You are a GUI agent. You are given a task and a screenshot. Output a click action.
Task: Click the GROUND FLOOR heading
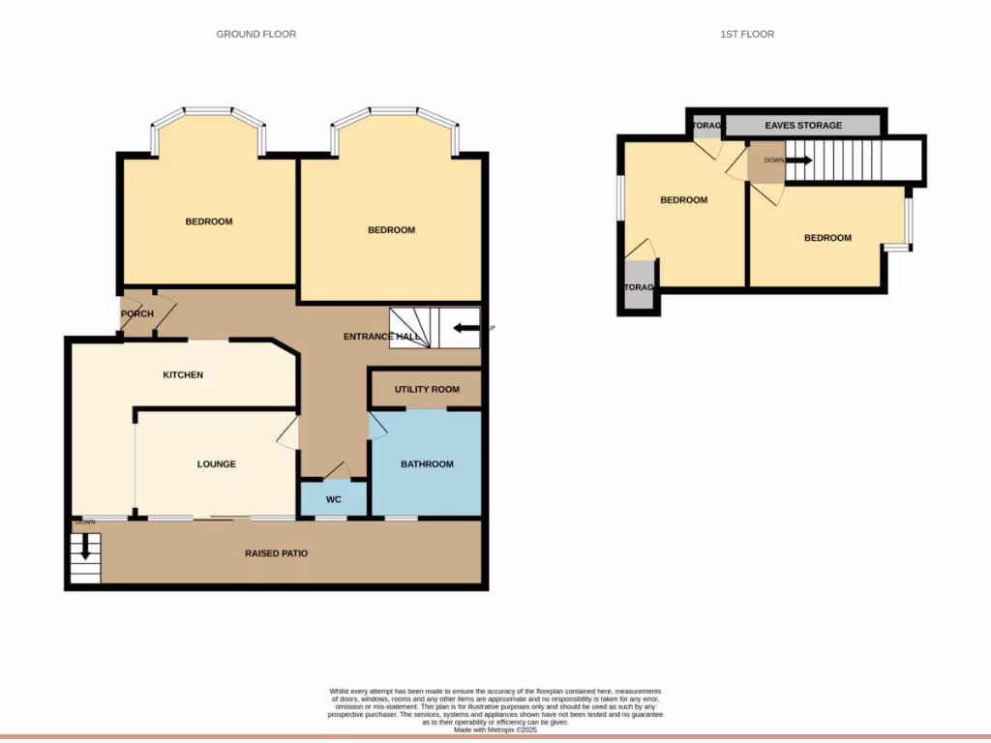[x=255, y=34]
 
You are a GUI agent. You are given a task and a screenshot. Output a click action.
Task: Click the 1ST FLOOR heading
[x=747, y=34]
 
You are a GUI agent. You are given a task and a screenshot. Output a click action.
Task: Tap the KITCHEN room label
[x=183, y=374]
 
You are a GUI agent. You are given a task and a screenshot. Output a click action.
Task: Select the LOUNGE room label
[x=217, y=464]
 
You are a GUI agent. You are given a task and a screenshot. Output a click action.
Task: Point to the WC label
[x=333, y=500]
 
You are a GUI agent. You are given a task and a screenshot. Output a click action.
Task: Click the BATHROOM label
[x=427, y=464]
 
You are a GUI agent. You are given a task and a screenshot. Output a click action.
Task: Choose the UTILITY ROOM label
[x=427, y=389]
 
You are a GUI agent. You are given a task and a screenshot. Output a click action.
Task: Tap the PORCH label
[x=137, y=314]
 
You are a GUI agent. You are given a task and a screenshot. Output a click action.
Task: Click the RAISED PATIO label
[x=276, y=553]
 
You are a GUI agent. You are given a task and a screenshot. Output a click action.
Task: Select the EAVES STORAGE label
[x=803, y=125]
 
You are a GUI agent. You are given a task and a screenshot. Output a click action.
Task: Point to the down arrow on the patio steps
[x=85, y=547]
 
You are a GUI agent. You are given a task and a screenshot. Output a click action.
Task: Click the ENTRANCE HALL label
[x=381, y=337]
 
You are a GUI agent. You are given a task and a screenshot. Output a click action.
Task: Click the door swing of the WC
[x=336, y=471]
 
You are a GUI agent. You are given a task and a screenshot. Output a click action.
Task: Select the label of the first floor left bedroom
[x=683, y=200]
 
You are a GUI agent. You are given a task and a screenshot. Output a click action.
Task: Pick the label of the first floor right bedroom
[x=827, y=238]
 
